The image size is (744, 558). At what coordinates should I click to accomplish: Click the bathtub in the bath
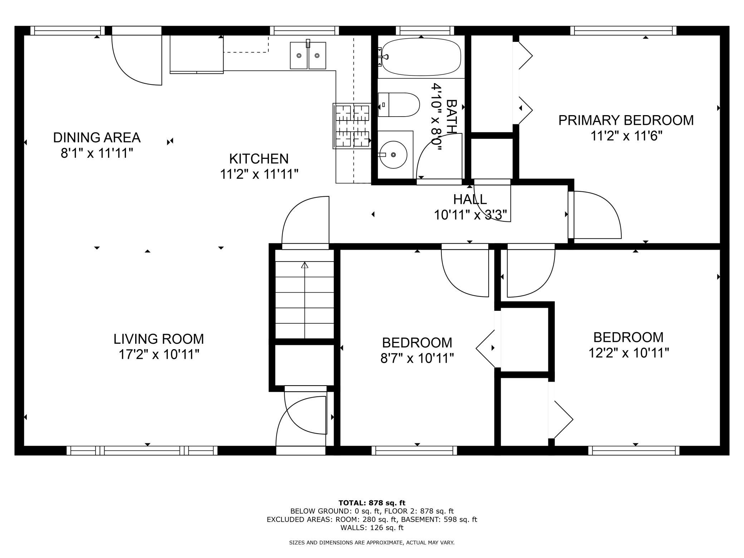pyautogui.click(x=421, y=57)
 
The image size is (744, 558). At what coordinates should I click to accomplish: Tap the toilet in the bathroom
pyautogui.click(x=398, y=104)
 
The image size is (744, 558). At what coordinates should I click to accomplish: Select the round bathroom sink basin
pyautogui.click(x=393, y=155)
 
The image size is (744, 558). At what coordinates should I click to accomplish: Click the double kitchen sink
pyautogui.click(x=308, y=55)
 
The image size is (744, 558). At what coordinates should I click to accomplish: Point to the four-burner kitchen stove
pyautogui.click(x=352, y=126)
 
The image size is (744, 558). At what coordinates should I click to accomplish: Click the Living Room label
pyautogui.click(x=159, y=338)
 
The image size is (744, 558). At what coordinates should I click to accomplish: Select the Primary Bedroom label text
pyautogui.click(x=626, y=120)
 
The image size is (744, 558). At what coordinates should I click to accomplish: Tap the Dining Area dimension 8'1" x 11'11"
pyautogui.click(x=97, y=153)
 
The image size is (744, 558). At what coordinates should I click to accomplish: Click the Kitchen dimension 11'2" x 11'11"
pyautogui.click(x=259, y=174)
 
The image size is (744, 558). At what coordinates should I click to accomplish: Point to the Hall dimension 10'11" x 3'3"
pyautogui.click(x=470, y=215)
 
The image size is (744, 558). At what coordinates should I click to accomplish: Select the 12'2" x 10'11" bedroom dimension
pyautogui.click(x=628, y=353)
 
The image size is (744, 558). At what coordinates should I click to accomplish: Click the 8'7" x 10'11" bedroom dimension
pyautogui.click(x=417, y=358)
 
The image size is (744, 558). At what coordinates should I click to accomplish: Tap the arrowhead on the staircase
pyautogui.click(x=305, y=265)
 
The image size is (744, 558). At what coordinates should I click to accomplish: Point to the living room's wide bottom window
pyautogui.click(x=142, y=450)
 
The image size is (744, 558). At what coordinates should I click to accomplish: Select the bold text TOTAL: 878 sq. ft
pyautogui.click(x=372, y=503)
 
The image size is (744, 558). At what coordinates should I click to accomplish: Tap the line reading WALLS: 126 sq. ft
pyautogui.click(x=372, y=527)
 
